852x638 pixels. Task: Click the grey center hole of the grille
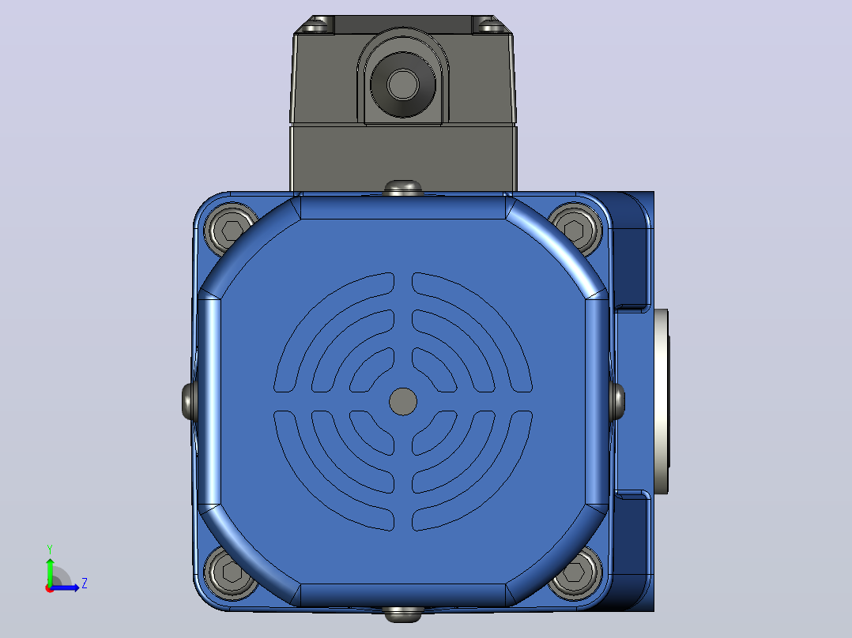click(403, 402)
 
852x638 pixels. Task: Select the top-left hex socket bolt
click(231, 229)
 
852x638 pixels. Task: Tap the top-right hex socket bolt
click(575, 229)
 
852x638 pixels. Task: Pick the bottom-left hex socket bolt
click(231, 572)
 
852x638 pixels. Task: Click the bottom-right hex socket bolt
click(575, 572)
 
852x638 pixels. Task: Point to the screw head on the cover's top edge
click(402, 188)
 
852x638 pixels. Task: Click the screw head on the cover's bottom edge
click(402, 614)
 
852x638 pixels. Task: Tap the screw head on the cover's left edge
click(188, 401)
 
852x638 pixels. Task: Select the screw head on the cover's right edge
click(617, 401)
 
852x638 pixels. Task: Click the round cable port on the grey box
click(402, 84)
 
